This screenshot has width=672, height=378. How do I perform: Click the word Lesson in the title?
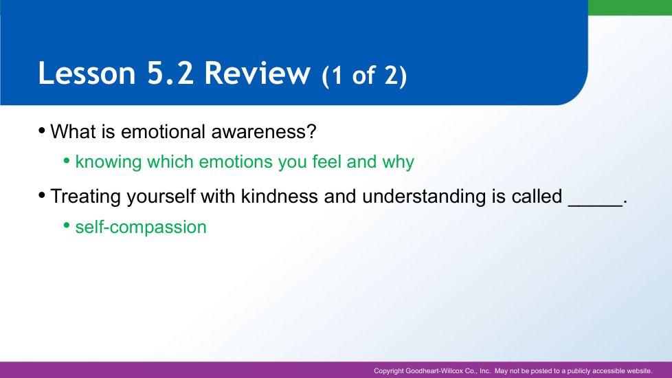(x=87, y=73)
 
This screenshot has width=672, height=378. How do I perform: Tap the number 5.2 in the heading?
(x=170, y=73)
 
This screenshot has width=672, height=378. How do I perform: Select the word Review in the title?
(x=257, y=73)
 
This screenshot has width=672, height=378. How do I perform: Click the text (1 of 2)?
(x=364, y=76)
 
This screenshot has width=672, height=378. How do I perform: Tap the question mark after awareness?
(x=311, y=131)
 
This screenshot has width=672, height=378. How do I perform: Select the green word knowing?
(x=109, y=162)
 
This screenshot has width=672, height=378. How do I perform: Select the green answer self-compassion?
(x=141, y=227)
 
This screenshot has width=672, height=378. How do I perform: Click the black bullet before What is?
(x=42, y=131)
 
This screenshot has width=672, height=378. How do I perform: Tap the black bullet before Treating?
(x=42, y=195)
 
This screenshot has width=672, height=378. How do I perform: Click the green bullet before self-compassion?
(x=67, y=225)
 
